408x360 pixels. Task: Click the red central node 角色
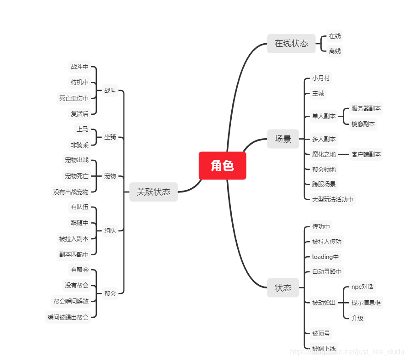click(x=222, y=166)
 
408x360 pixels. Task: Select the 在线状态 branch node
click(x=291, y=44)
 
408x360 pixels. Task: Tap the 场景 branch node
click(x=283, y=139)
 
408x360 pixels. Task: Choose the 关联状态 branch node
click(x=153, y=192)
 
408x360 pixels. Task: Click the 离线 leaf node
click(x=335, y=51)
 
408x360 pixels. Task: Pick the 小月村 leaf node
click(x=321, y=79)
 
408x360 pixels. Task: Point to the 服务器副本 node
click(x=366, y=109)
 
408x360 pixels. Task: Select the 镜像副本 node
click(x=363, y=124)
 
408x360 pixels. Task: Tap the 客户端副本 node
click(x=366, y=155)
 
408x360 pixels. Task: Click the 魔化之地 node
click(x=324, y=155)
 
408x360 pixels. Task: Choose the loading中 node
click(x=325, y=257)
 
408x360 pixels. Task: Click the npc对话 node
click(x=362, y=287)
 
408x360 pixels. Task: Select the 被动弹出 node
click(x=324, y=303)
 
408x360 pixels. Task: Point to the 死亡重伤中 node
click(x=73, y=98)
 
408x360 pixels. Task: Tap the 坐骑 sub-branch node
click(x=110, y=137)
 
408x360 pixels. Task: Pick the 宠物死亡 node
click(x=77, y=176)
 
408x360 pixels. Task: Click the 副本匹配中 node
click(x=73, y=254)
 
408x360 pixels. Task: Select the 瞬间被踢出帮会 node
click(x=68, y=317)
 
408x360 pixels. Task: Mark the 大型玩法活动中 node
click(x=333, y=199)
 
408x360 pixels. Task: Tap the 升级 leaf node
click(x=357, y=318)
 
